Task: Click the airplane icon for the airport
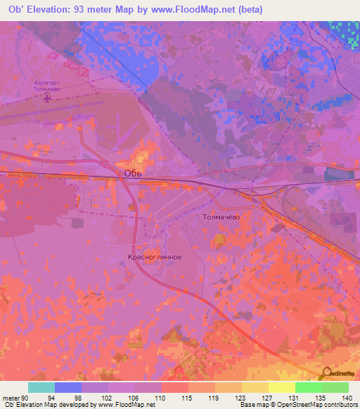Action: (48, 98)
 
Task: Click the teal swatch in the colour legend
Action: (41, 387)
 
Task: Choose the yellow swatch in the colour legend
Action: (281, 387)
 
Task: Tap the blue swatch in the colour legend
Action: (68, 387)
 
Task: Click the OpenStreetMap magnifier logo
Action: (327, 375)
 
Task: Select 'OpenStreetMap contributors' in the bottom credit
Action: (321, 405)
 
